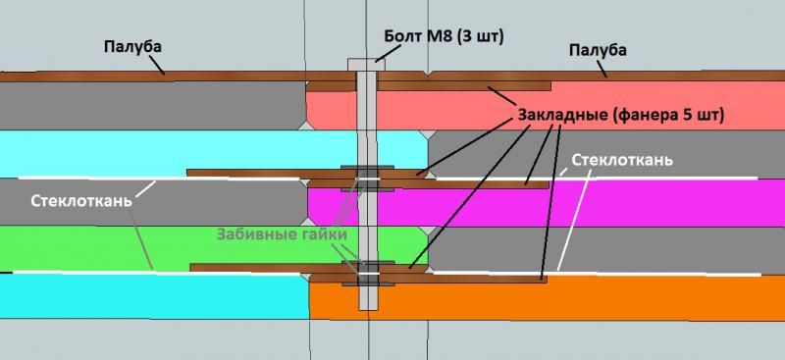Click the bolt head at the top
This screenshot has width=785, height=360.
(366, 65)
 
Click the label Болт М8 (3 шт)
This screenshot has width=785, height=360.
(444, 36)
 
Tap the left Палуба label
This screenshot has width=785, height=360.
(133, 47)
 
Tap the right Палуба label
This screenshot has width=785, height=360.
(599, 50)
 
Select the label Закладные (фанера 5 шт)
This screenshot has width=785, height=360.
(620, 115)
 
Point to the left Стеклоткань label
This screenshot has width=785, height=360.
(81, 201)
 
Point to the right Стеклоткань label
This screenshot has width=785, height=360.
(622, 160)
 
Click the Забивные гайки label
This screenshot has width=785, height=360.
(282, 234)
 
